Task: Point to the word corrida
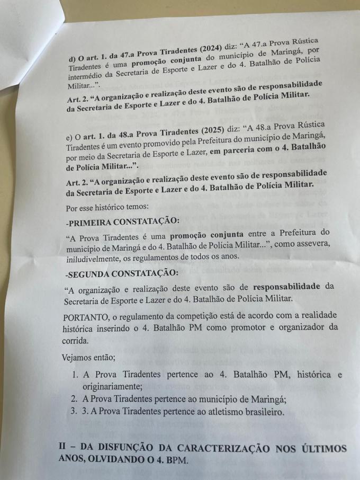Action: coord(77,340)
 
